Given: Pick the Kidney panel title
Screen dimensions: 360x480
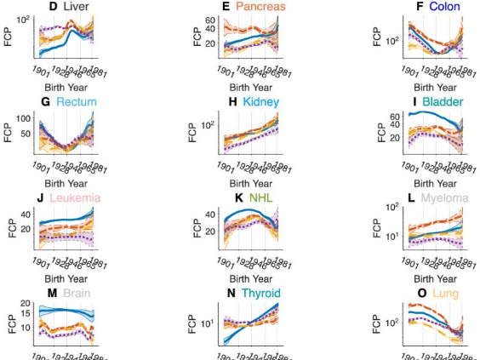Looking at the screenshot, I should (260, 102).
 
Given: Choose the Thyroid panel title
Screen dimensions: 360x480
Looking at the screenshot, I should (260, 294).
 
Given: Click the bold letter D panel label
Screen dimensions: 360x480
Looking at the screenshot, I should (53, 7).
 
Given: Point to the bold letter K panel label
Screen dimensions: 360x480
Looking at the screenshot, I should (240, 198).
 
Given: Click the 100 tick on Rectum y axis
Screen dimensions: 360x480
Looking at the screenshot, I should (22, 118).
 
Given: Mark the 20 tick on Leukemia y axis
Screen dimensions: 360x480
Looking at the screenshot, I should (26, 228).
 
